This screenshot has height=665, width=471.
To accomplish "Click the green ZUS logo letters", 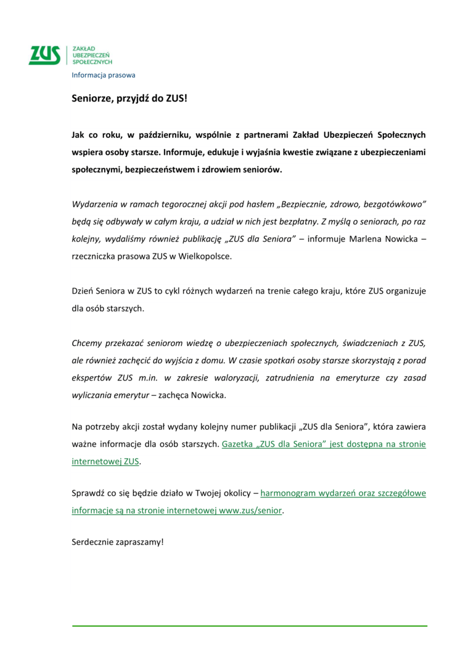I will coord(44,55).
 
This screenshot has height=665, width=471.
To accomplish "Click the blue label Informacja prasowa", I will coord(103,75).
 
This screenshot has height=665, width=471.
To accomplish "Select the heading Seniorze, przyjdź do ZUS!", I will coord(129,98).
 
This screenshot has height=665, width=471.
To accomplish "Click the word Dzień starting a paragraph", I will coord(83,290).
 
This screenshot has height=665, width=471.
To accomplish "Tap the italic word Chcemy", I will coord(88,342).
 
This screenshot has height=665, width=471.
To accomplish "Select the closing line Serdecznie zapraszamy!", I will coord(118,543).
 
